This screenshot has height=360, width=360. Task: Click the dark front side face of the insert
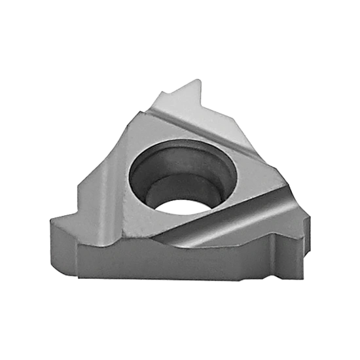coord(164,262)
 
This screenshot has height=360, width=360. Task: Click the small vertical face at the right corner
coord(302,242)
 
